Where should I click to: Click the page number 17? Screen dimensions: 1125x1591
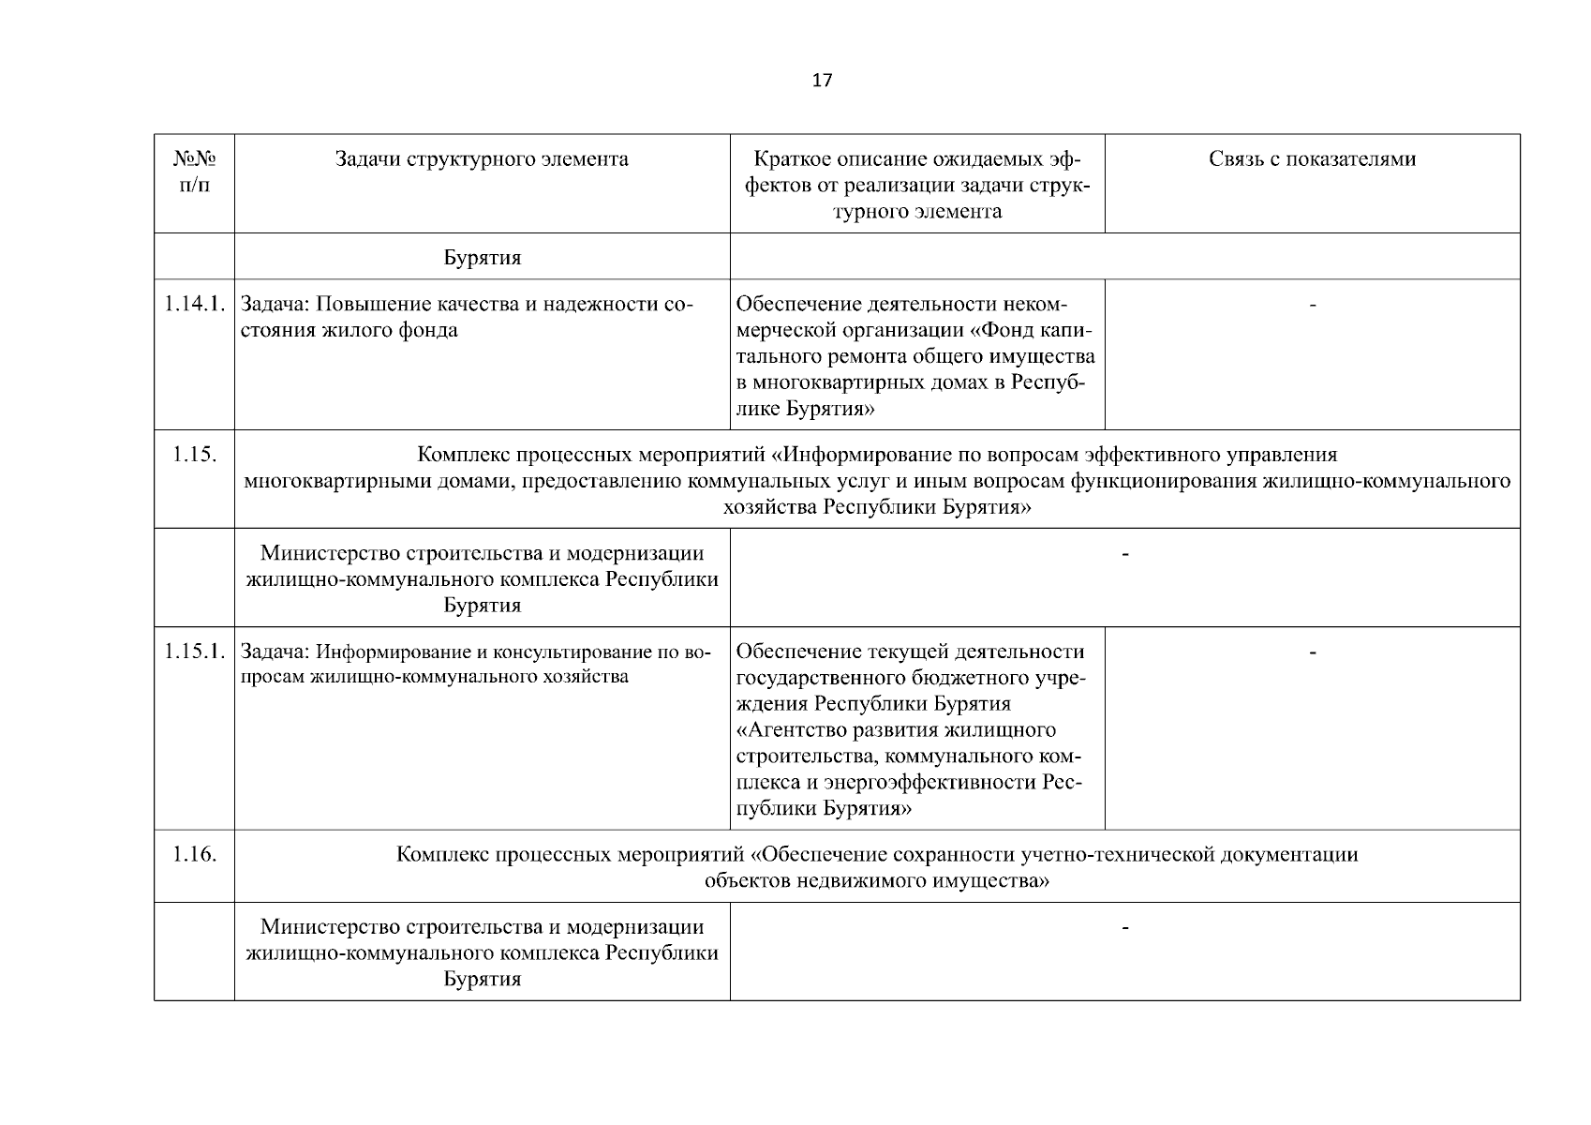coord(821,81)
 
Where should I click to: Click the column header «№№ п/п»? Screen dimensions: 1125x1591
coord(194,172)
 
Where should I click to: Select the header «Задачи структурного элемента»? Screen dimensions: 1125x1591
coord(482,159)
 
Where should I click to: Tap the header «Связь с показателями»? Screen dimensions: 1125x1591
coord(1312,159)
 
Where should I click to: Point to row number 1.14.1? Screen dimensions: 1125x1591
coord(194,304)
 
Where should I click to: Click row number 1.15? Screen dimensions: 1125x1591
coord(194,455)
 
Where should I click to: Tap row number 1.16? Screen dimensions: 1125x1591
coord(194,855)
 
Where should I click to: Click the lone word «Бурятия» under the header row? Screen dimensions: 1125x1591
coord(482,258)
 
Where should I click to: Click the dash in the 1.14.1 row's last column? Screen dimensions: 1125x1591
coord(1313,306)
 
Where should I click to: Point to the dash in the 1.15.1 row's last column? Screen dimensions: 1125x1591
coord(1313,652)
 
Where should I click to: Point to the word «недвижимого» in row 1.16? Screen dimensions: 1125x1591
coord(855,881)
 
